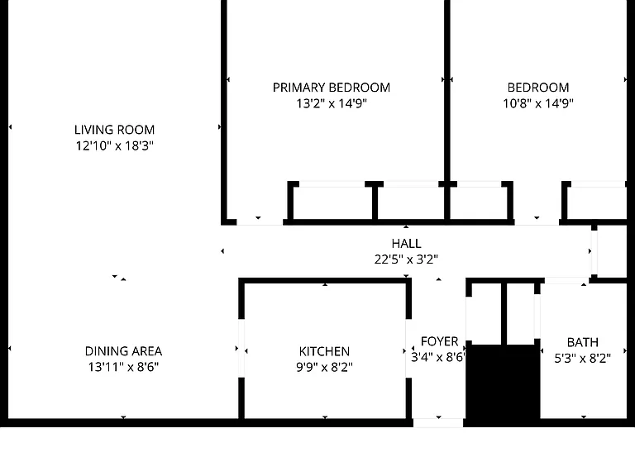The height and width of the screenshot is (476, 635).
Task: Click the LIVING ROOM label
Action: tap(115, 130)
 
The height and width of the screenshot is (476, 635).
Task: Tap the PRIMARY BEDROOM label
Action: tap(332, 88)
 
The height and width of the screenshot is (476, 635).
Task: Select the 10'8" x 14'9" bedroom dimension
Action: tap(538, 103)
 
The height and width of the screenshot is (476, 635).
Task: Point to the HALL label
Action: tap(406, 243)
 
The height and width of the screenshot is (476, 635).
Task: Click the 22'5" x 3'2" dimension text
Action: tap(406, 259)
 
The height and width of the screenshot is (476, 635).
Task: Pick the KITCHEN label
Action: tap(324, 351)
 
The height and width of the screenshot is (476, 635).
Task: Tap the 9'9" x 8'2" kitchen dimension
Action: tap(324, 367)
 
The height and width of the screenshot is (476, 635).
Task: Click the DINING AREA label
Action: tap(123, 351)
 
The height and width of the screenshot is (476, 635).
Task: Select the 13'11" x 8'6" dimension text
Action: tap(123, 367)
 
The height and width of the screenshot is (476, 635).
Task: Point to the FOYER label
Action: tap(439, 341)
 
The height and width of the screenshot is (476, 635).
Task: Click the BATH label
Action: tap(583, 342)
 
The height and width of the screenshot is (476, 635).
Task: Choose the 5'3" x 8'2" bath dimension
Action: tap(583, 358)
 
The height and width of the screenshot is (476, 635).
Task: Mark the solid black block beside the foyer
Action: tap(503, 382)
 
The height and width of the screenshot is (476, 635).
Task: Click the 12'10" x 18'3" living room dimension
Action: tap(115, 145)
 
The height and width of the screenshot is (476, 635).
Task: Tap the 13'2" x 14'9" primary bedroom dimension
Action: tap(332, 103)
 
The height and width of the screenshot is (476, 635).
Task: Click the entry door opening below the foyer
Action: tap(438, 423)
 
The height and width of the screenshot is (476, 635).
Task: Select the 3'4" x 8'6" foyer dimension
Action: tap(437, 357)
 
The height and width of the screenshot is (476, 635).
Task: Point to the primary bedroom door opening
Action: tap(260, 222)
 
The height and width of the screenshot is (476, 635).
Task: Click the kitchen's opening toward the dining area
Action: tap(241, 349)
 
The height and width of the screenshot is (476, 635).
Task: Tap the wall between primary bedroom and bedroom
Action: tap(447, 91)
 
